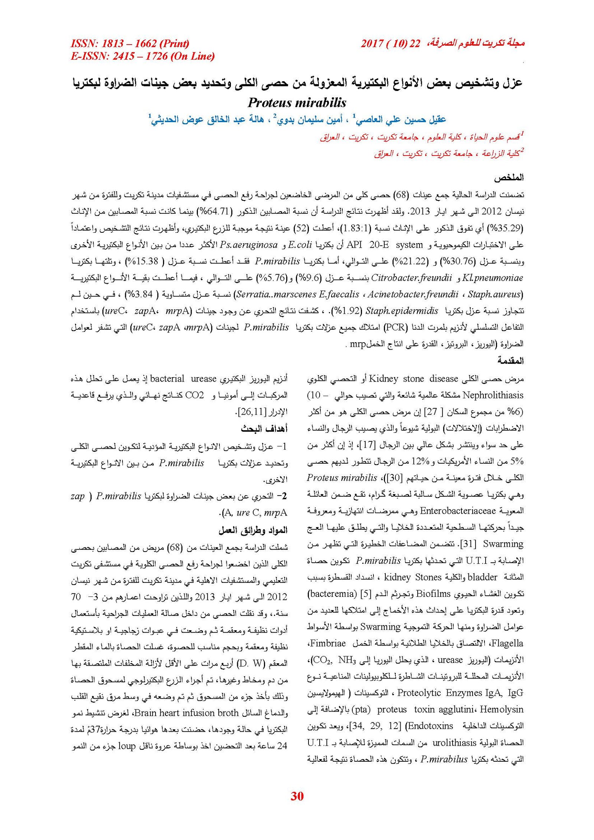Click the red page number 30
tap(297, 796)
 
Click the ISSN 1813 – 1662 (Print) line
tap(130, 43)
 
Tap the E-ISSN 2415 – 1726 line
tap(143, 56)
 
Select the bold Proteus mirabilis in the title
tap(297, 102)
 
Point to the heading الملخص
tap(508, 178)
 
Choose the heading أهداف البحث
tap(264, 429)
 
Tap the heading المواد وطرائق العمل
tap(253, 530)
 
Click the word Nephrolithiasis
tap(493, 395)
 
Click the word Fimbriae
tap(328, 643)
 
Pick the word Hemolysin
tap(502, 709)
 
